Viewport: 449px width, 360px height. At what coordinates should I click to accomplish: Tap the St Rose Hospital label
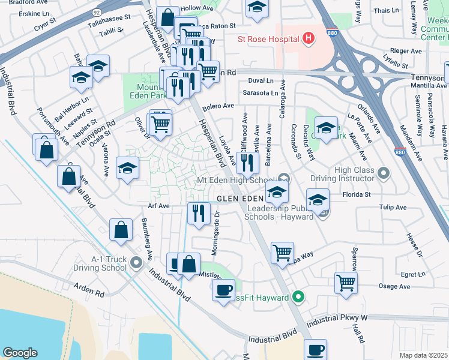pos(267,40)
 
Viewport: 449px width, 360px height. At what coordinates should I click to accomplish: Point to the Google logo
pos(20,352)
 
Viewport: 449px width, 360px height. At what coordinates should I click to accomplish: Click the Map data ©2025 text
pos(424,355)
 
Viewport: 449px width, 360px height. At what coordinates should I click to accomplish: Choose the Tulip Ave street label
pos(393,208)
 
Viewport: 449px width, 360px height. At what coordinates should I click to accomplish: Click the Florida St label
pos(357,194)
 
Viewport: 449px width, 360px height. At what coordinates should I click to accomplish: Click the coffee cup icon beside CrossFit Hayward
pos(224,291)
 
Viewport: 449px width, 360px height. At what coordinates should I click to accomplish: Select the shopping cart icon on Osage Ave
pos(346,283)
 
